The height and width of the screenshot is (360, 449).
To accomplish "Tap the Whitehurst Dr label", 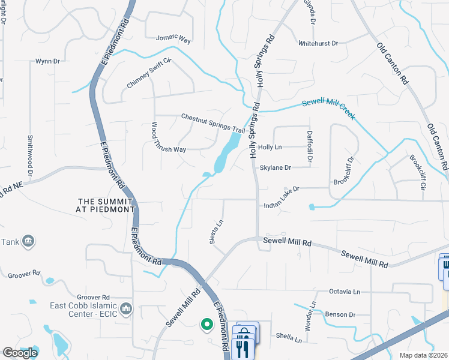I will click(x=319, y=43).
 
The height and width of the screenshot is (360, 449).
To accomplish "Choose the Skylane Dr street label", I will click(x=275, y=168).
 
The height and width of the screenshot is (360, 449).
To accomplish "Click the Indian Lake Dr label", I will click(x=281, y=205).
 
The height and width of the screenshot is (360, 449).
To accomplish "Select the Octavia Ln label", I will click(x=345, y=292).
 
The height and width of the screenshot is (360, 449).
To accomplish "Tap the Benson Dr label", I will click(x=340, y=314).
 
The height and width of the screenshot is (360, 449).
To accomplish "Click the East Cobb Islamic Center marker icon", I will click(x=125, y=309).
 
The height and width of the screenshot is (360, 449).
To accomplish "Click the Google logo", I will click(x=20, y=353).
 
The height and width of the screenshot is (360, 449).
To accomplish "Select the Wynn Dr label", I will click(x=47, y=61).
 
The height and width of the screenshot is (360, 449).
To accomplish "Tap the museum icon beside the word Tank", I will click(x=28, y=241).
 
